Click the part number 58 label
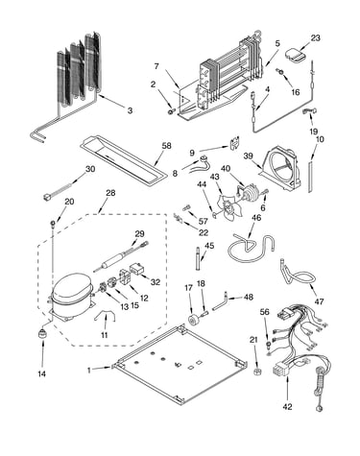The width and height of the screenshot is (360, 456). click(x=166, y=146)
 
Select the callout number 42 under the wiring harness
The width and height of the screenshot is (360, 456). click(x=287, y=407)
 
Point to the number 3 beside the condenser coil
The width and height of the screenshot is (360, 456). click(x=130, y=110)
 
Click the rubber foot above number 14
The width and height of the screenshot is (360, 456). click(x=42, y=333)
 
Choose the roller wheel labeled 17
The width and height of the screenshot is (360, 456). click(x=193, y=320)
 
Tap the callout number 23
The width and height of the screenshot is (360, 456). click(x=315, y=38)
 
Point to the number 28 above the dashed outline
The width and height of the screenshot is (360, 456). click(x=110, y=193)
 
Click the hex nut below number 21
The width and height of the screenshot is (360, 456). click(x=256, y=372)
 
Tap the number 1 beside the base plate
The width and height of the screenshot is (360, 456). click(x=89, y=371)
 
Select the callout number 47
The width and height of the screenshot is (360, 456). click(x=319, y=301)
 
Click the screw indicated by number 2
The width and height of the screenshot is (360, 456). click(x=171, y=111)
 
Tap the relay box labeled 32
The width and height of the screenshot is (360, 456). click(x=137, y=269)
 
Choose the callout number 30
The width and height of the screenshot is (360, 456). click(x=90, y=169)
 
